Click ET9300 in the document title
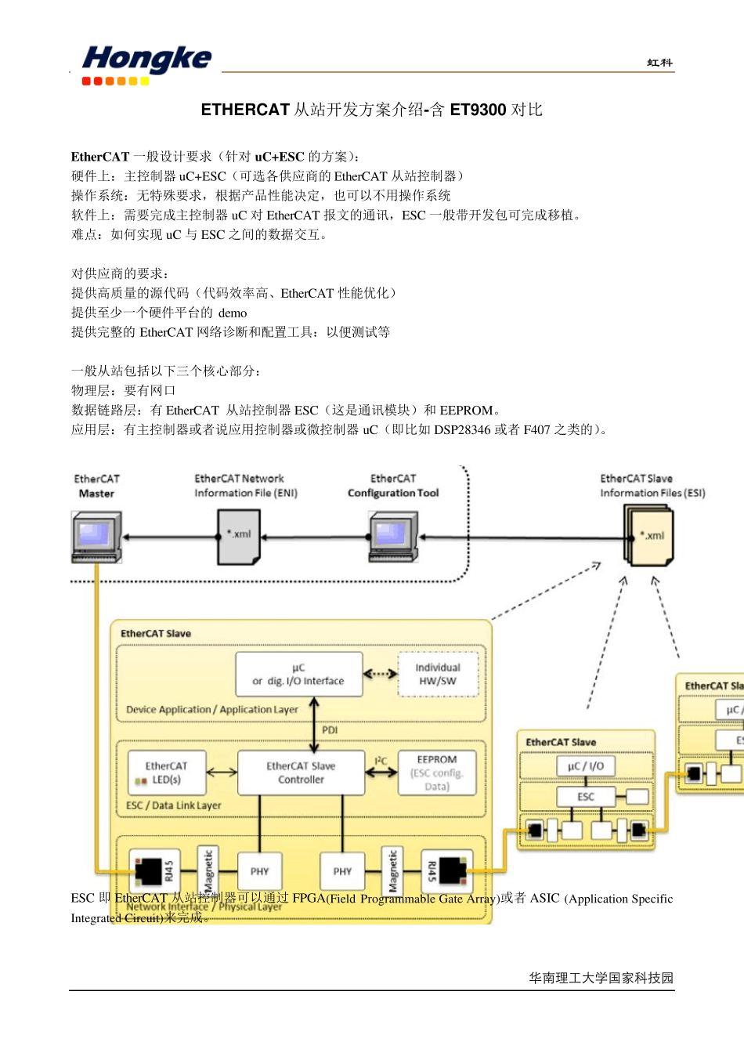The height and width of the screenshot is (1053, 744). [478, 110]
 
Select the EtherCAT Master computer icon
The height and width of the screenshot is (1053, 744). [96, 537]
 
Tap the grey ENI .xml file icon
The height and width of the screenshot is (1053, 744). [239, 536]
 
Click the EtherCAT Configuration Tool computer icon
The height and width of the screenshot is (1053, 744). [392, 537]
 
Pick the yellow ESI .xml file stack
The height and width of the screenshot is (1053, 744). [649, 536]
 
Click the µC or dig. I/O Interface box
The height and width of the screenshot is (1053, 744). [298, 675]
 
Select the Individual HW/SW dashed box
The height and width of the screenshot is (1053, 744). [437, 675]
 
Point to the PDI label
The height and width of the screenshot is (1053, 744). [330, 730]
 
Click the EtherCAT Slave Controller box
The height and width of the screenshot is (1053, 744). [301, 773]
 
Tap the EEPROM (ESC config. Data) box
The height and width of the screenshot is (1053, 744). [437, 773]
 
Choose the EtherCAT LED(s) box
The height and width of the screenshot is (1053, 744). [166, 773]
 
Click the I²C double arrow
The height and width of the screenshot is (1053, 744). [381, 772]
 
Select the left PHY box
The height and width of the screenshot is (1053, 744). [259, 871]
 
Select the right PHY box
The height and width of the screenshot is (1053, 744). [342, 871]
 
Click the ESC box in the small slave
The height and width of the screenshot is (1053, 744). [586, 797]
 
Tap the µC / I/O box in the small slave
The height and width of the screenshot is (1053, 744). [586, 766]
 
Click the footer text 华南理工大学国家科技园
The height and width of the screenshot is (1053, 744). [601, 978]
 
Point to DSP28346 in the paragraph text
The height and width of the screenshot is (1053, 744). [462, 429]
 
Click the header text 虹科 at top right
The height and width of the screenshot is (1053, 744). [659, 63]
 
